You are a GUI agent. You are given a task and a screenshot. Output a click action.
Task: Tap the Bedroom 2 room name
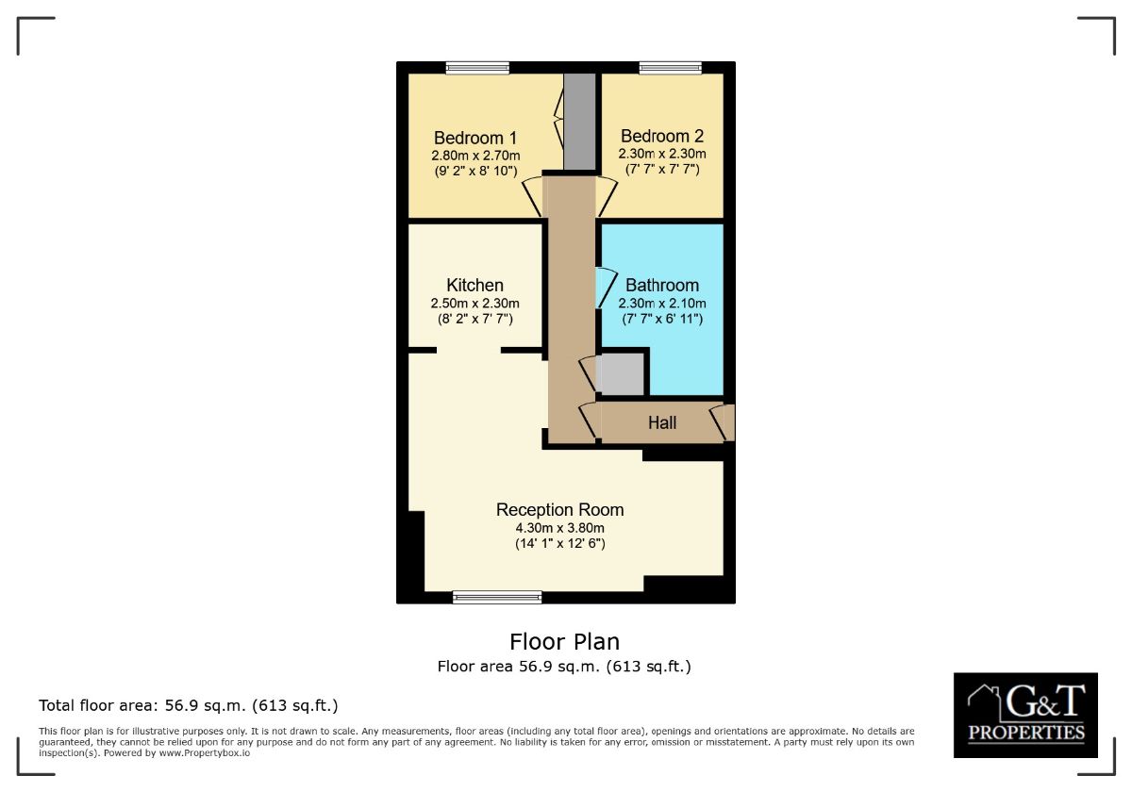(662, 137)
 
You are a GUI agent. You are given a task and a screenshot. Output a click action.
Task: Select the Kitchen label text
(474, 285)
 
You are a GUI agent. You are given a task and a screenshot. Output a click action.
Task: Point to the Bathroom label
(662, 285)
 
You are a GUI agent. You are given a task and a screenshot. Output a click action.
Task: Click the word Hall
(662, 423)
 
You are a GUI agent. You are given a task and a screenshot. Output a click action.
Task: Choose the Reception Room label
(559, 510)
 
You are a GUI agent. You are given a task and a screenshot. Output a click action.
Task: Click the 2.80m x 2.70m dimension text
(475, 155)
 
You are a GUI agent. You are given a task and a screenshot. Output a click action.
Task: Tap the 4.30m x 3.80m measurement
(559, 528)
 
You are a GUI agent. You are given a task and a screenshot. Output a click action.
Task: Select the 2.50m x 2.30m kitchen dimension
(474, 304)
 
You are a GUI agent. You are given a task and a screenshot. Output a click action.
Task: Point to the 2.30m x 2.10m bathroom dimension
(662, 304)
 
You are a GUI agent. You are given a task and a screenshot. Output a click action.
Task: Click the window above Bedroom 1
(477, 67)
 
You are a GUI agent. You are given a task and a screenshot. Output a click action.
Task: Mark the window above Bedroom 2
(670, 67)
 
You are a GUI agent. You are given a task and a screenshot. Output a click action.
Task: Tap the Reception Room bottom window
(497, 596)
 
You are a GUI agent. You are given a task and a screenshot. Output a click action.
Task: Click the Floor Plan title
(564, 642)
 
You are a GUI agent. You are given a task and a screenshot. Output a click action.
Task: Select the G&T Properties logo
(1025, 715)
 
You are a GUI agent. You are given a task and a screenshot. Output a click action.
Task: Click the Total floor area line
(188, 705)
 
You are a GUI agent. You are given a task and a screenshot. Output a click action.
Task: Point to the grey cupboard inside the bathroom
(622, 373)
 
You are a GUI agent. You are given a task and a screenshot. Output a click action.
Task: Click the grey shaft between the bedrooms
(579, 121)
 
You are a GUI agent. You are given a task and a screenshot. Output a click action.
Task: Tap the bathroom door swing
(603, 288)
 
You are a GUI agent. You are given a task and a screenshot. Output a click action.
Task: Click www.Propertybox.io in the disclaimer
(205, 753)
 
